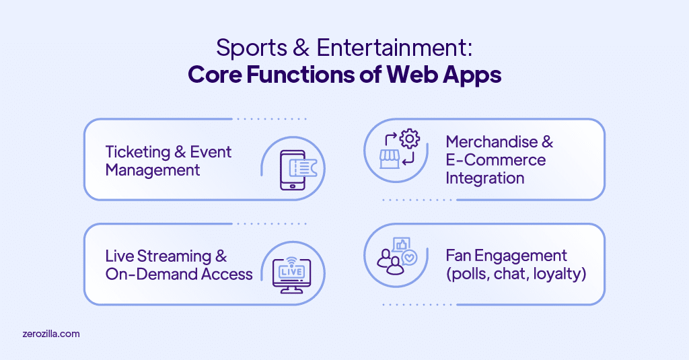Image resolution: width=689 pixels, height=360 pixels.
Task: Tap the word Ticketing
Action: (136, 151)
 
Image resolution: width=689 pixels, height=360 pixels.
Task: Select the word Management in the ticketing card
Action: (153, 170)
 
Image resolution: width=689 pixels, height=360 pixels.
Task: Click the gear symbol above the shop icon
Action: (410, 140)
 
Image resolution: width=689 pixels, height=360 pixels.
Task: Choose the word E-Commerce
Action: (495, 160)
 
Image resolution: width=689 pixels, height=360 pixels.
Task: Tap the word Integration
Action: (484, 178)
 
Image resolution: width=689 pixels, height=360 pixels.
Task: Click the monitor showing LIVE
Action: (292, 273)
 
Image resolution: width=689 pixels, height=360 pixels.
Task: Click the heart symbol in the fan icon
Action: (409, 258)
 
